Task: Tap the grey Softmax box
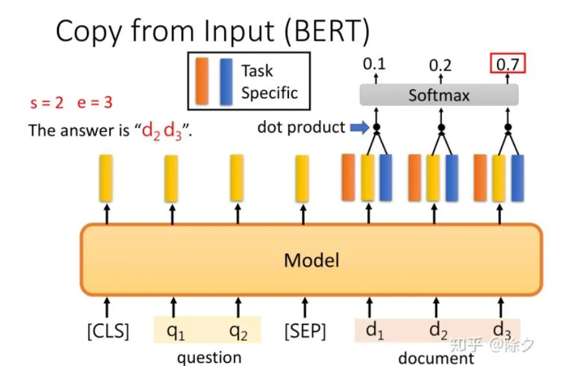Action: (439, 95)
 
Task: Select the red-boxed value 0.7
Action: (507, 64)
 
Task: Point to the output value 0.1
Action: (374, 63)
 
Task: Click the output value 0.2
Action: (441, 65)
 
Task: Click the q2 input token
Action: (237, 330)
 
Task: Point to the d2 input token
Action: (439, 330)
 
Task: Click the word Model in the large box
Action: (311, 260)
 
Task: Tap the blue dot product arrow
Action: (359, 127)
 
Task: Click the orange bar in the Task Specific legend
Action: (202, 81)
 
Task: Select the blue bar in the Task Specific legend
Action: (225, 81)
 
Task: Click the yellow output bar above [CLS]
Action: (106, 178)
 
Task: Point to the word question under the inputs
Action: (209, 357)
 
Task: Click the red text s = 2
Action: (47, 103)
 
